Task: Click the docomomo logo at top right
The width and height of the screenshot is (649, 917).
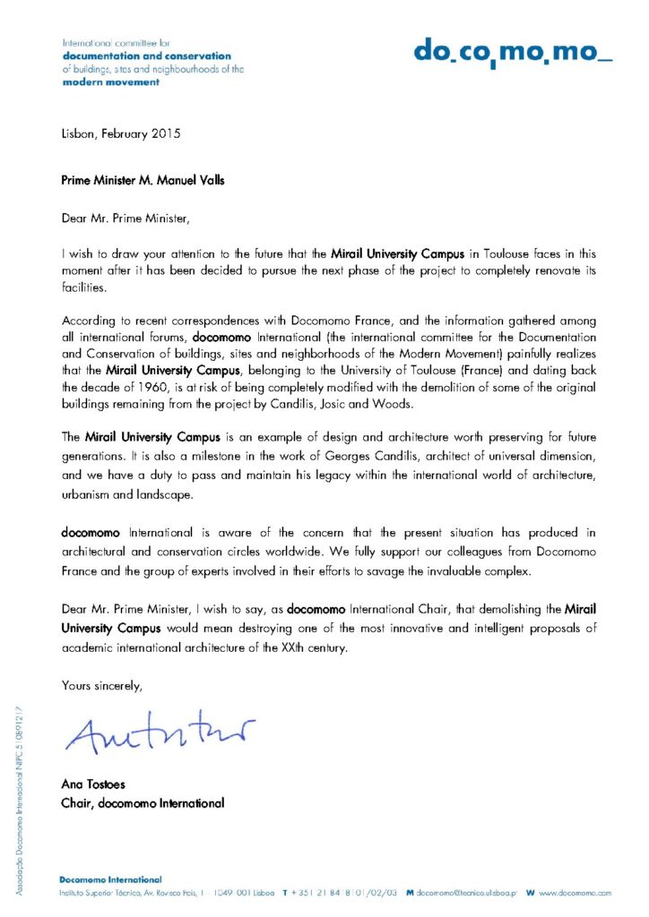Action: coord(513,53)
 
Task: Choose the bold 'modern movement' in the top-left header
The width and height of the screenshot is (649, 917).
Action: coord(110,81)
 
